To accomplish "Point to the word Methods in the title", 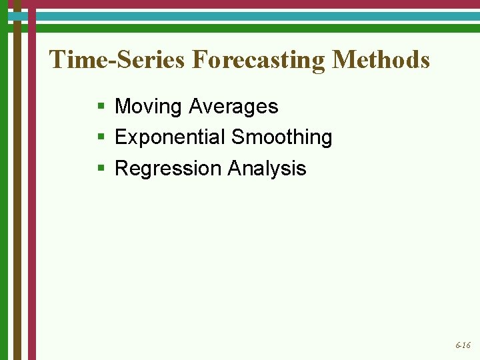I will coord(381,60).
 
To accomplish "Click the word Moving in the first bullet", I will coord(148,107).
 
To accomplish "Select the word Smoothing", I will coord(281,138).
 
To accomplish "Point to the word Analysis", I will coord(267,169).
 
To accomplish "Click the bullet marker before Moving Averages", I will coord(100,107).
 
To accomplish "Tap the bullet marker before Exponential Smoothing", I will coord(100,137).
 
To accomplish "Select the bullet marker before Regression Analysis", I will coord(100,168).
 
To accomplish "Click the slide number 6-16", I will coord(463,345).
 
